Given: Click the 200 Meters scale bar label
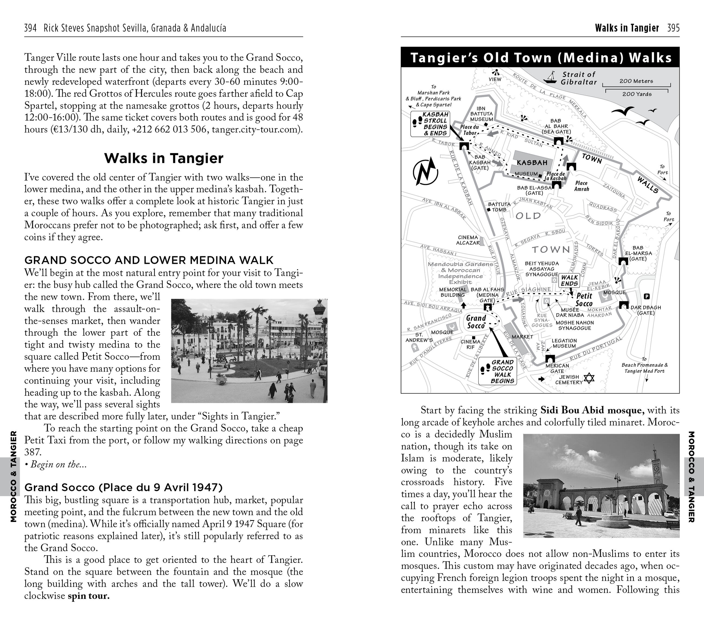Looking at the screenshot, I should [636, 81].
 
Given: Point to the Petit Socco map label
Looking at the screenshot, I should [584, 299].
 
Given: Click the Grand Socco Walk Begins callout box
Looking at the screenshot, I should [497, 371].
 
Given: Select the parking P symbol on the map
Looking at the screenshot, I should [647, 296].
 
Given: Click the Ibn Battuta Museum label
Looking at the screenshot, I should [481, 114].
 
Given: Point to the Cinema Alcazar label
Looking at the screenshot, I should [468, 240].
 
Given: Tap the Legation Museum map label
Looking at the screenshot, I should [564, 343].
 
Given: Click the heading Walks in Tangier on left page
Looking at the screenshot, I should [164, 158].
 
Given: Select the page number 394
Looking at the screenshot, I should [30, 28].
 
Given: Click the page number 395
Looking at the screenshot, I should [673, 28].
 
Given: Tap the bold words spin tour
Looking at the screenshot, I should [89, 596].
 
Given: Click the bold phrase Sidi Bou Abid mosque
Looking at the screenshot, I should [592, 410].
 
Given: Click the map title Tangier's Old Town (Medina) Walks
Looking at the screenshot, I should [540, 57].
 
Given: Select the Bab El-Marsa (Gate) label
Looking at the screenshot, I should [638, 253].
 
